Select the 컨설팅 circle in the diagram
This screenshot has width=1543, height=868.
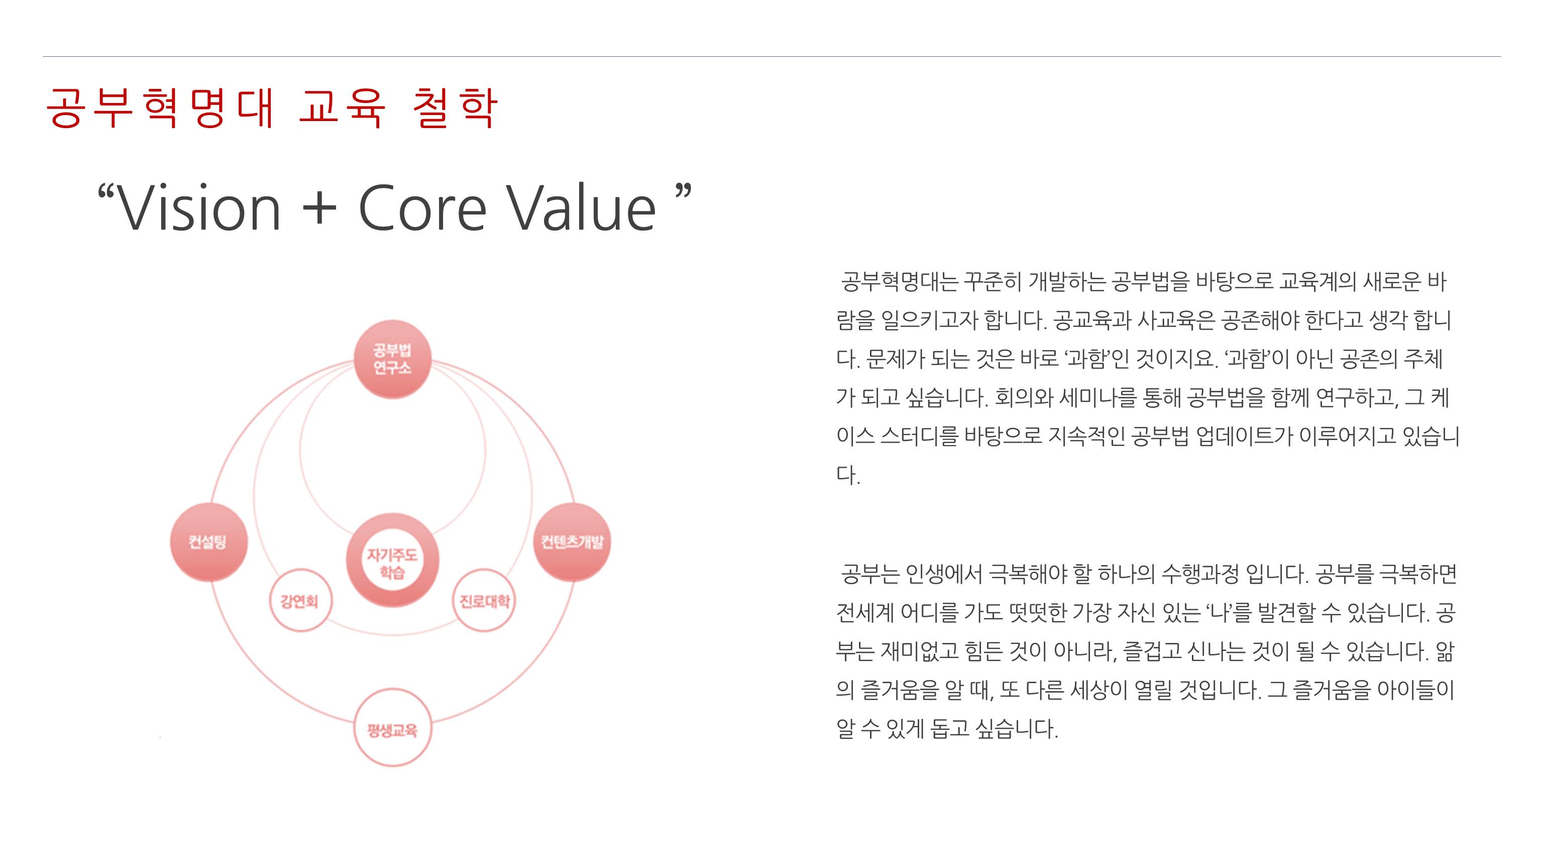coord(208,542)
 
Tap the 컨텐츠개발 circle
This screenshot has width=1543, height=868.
coord(572,542)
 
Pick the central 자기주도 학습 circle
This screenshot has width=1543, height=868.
coord(392,560)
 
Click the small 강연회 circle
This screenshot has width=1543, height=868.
coord(300,600)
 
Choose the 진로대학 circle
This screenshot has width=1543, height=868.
coord(484,600)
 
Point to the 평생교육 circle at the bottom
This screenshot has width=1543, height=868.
coord(392,728)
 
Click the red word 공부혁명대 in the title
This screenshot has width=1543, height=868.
coord(161,108)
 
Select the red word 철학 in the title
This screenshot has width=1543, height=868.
coord(455,108)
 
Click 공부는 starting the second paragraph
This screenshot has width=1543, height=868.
coord(870,574)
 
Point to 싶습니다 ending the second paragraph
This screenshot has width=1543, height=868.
coord(1016,728)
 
